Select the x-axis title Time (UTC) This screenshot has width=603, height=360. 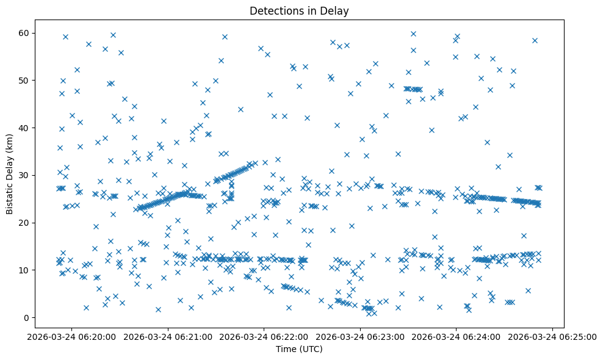click(299, 349)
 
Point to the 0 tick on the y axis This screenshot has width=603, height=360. click(27, 317)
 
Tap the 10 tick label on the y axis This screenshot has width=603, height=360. click(25, 270)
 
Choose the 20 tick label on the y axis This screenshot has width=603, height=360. click(25, 223)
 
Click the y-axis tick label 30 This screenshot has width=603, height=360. click(25, 175)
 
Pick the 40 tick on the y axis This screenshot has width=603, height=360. click(25, 128)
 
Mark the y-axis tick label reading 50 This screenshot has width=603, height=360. click(25, 81)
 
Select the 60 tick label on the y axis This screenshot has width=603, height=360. click(25, 33)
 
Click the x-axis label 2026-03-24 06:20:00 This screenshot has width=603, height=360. click(72, 336)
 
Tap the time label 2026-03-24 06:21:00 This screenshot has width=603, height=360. click(168, 336)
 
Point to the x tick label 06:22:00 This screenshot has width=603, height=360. click(264, 336)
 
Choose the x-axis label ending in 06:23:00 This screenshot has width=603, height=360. click(360, 336)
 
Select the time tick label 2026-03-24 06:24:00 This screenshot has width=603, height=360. click(457, 336)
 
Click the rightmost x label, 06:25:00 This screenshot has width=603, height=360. click(552, 336)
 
